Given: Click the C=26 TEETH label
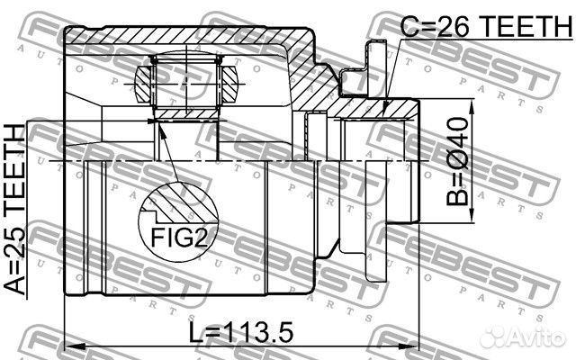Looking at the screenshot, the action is tap(486, 26).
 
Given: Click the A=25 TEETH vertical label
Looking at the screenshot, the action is tap(15, 210).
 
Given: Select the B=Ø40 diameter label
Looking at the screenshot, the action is tap(458, 161).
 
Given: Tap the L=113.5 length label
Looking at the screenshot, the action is tap(241, 332).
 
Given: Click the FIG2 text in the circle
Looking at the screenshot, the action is tap(179, 237).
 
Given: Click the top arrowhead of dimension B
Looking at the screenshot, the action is tap(472, 109).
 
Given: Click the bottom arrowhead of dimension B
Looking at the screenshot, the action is tap(472, 212).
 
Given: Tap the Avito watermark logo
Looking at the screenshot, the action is tap(523, 336).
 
